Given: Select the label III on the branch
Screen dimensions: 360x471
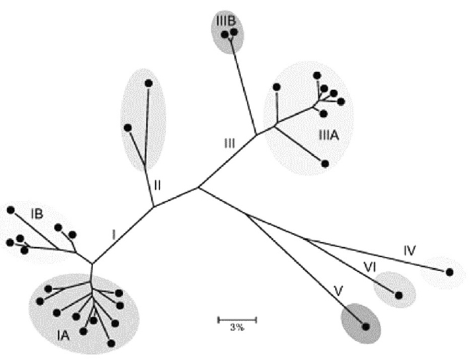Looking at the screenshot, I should point(229,142).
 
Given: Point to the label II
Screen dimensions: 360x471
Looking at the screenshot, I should point(157,185).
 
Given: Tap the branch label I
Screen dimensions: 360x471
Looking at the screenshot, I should point(114,234).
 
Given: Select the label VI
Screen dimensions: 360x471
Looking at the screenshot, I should point(371,266).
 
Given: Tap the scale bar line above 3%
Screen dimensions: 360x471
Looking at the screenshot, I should point(237,320).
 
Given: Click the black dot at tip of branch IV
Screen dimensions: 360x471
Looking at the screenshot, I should point(450,271).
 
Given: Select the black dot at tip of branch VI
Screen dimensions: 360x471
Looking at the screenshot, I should point(399,295).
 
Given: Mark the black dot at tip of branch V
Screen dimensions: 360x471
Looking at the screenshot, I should point(365,325).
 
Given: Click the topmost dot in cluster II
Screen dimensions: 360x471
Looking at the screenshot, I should point(149,83).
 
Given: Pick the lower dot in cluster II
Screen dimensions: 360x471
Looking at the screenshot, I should point(127,127).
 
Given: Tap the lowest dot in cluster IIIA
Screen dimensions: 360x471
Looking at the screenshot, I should point(325,162).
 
